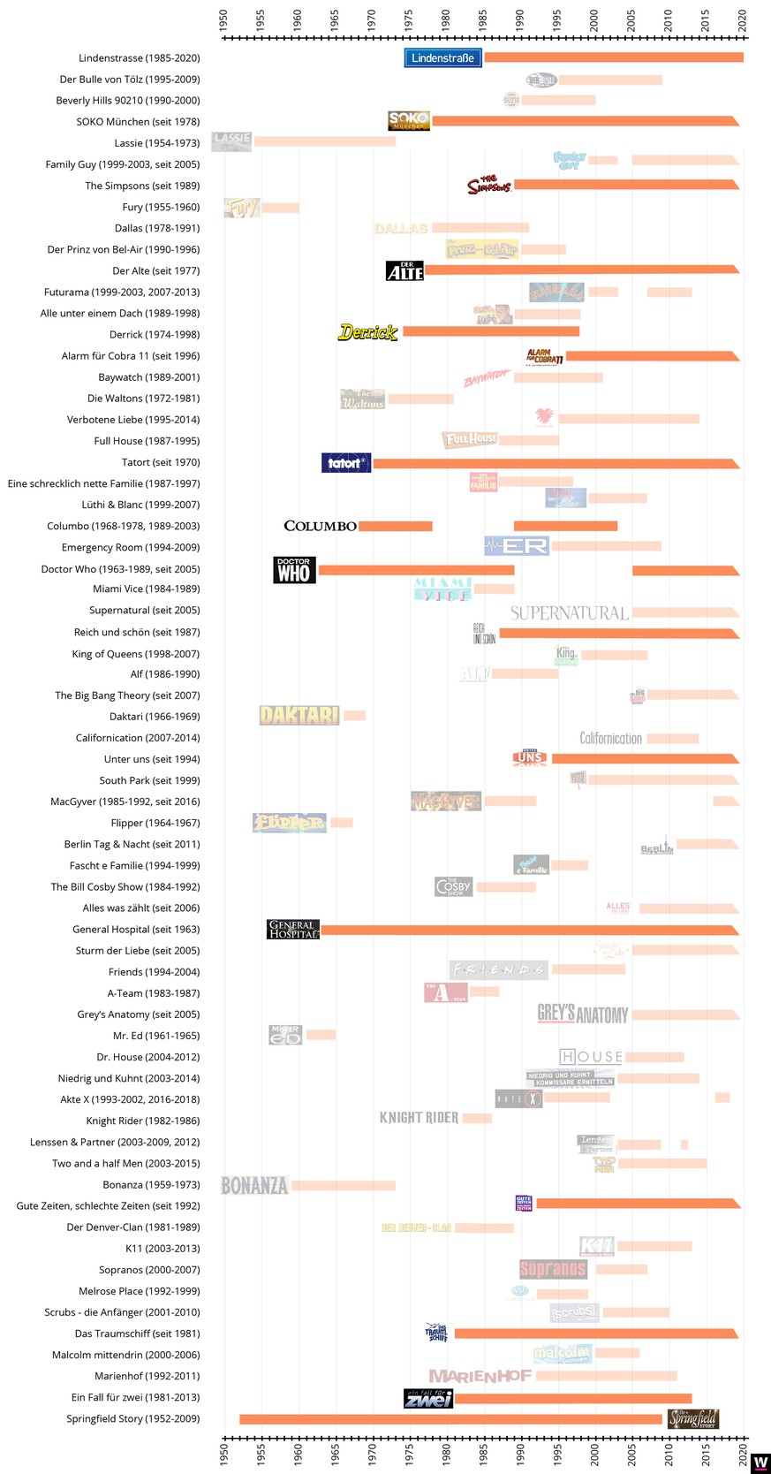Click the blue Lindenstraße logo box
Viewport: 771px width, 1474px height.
443,58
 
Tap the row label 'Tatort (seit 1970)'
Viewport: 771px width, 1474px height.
161,462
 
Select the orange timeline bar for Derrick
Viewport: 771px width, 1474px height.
491,331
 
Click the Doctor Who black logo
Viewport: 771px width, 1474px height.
294,570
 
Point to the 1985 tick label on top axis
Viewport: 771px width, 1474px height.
482,20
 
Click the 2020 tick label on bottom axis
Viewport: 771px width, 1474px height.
743,1455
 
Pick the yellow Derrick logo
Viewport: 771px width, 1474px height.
368,332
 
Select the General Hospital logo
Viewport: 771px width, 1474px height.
293,930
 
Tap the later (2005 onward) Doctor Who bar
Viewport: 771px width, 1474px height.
685,570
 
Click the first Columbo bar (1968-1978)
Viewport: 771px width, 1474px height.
395,527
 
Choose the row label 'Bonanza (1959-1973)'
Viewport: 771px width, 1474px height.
151,1185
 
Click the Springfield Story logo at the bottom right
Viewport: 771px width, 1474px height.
693,1419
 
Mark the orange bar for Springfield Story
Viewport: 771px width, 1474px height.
450,1419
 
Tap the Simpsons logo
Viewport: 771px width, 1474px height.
489,185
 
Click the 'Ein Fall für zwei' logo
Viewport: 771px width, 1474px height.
428,1398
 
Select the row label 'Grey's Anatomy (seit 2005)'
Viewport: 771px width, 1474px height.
138,1014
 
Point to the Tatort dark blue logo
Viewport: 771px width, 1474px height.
346,462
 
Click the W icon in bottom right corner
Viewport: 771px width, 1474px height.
760,1463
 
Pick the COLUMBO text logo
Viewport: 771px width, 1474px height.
320,527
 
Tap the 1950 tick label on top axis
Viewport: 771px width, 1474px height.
223,20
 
